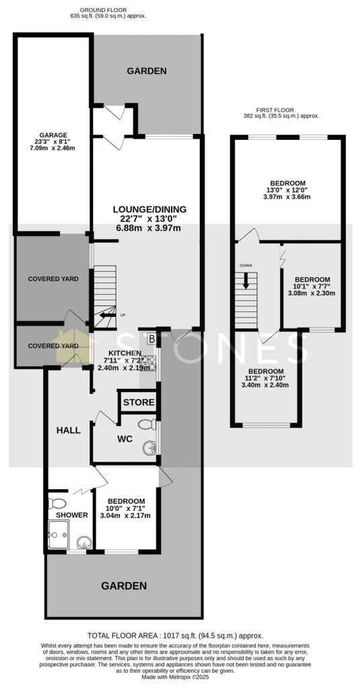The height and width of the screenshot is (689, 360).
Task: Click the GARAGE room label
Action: (52, 135)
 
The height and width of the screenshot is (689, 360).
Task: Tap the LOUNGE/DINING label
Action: (149, 209)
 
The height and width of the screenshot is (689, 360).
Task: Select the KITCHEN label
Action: (122, 353)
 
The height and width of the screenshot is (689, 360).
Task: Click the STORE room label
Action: (139, 403)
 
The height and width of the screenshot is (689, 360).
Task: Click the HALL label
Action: (69, 430)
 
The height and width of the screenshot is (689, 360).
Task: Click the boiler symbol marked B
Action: (151, 338)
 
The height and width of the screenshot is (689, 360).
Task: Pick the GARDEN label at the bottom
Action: (124, 586)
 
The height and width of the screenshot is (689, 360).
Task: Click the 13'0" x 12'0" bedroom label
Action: (287, 183)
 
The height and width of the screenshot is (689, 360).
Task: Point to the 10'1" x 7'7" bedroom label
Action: (312, 279)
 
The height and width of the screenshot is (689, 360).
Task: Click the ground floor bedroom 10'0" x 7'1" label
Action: (127, 501)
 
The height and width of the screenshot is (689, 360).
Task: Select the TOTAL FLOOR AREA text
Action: (176, 635)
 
